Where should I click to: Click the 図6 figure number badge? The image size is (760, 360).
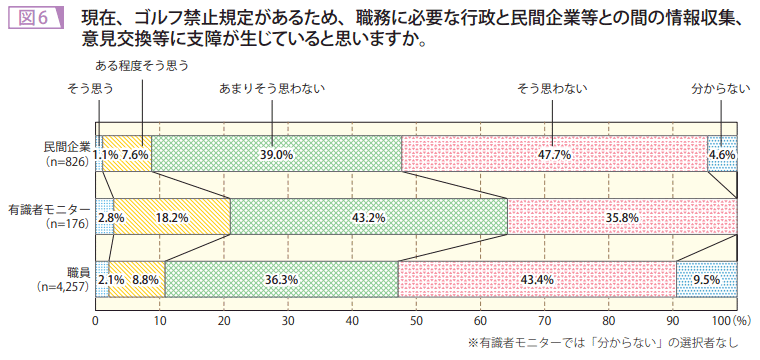click(x=34, y=17)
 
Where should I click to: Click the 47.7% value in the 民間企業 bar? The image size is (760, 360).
click(x=554, y=155)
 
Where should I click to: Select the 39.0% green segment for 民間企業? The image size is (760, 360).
click(x=277, y=155)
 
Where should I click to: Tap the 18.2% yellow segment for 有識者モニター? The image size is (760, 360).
click(x=173, y=217)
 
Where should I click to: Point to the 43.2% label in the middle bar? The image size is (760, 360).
click(x=369, y=217)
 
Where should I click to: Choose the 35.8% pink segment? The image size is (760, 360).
click(x=622, y=217)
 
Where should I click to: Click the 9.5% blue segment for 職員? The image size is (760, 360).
click(x=706, y=280)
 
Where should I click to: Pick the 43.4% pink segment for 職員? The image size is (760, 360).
click(x=537, y=280)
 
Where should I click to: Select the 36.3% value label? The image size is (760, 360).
click(x=282, y=280)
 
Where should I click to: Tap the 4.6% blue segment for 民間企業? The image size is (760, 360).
click(x=722, y=155)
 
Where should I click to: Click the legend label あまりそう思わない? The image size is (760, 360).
click(x=272, y=89)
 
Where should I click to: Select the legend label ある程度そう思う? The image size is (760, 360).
click(x=142, y=65)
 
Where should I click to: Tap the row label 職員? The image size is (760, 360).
click(x=78, y=272)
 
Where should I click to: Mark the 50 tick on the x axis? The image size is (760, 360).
click(x=416, y=321)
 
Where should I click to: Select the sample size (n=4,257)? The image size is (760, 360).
click(x=62, y=287)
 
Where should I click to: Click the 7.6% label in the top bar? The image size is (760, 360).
click(x=135, y=155)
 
